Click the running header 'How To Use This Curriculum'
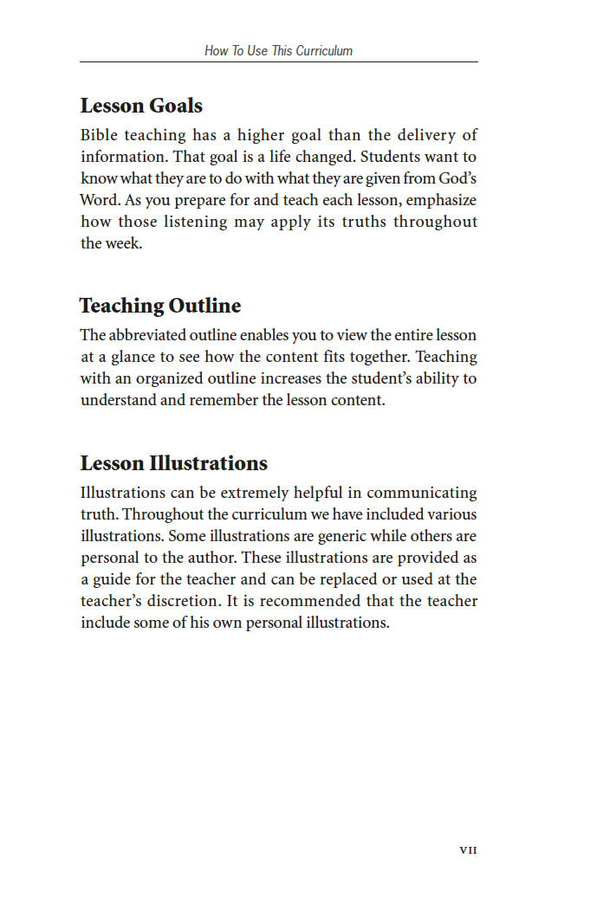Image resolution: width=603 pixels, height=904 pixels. coord(278,50)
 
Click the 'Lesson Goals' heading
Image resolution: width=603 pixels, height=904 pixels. coord(141,106)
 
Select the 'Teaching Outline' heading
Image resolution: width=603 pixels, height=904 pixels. coord(160,306)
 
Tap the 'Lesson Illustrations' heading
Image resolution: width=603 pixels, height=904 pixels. coord(173,462)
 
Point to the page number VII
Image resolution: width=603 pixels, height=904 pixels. coord(468,850)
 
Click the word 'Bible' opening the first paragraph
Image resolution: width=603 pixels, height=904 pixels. coord(99,135)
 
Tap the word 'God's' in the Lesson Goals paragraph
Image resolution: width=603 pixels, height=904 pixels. coord(457,178)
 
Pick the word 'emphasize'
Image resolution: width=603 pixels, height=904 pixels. coord(439,200)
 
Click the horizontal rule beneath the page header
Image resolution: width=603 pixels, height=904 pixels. coord(278,62)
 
